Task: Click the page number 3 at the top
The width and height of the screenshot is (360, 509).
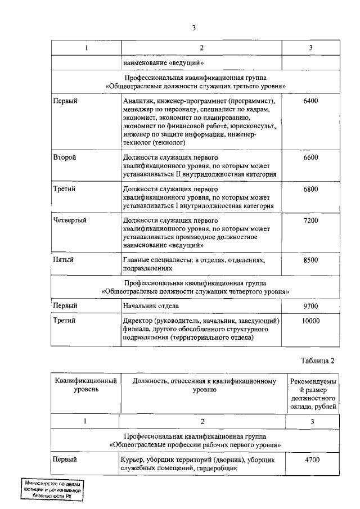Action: [x=193, y=28]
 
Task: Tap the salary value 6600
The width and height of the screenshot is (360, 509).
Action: [x=310, y=158]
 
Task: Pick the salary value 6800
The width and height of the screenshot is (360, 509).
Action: [x=310, y=190]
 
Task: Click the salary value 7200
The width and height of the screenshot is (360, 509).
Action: [x=310, y=221]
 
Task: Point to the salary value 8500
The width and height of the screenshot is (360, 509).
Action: [x=310, y=260]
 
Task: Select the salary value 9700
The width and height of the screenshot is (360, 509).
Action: [x=310, y=306]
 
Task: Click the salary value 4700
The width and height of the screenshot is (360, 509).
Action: [x=310, y=460]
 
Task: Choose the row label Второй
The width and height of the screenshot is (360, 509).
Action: [x=65, y=158]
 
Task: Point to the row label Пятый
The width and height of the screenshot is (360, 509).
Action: [x=64, y=260]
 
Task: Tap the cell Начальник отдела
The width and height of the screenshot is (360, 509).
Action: [x=151, y=306]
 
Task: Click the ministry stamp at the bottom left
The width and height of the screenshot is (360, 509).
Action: [x=53, y=490]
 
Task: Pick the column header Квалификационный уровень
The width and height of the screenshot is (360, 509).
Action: [x=85, y=385]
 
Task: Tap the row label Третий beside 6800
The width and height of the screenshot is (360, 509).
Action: [x=64, y=190]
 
